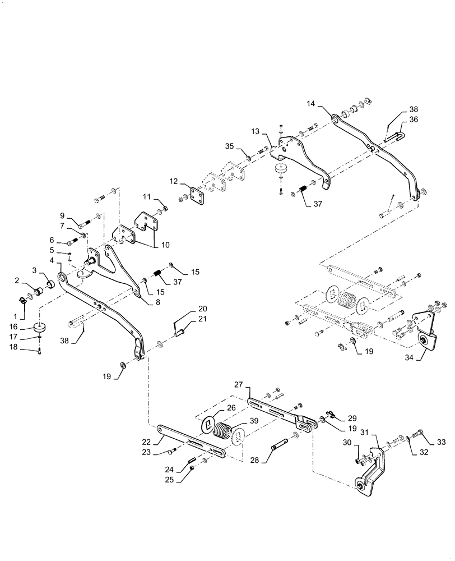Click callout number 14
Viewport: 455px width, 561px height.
(311, 104)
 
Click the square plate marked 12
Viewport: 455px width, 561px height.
(197, 196)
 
